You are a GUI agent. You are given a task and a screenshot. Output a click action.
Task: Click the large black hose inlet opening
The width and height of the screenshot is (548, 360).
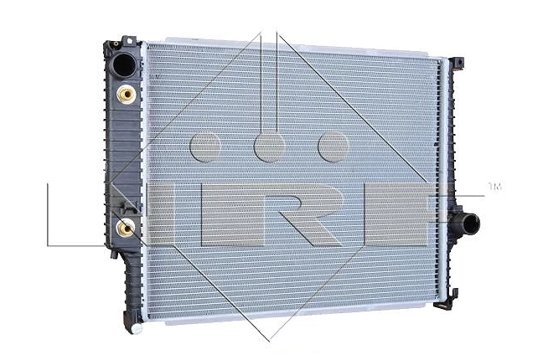124,65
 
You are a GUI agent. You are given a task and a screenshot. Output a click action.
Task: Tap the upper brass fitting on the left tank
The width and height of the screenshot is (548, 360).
126,94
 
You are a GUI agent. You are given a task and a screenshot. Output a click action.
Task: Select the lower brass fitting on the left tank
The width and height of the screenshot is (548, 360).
125,228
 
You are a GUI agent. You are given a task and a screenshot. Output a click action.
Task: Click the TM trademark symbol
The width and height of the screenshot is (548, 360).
495,187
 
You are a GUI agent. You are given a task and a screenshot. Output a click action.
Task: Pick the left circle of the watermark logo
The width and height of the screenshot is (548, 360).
205,147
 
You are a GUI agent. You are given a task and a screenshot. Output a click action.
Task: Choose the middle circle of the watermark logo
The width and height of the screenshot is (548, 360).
270,147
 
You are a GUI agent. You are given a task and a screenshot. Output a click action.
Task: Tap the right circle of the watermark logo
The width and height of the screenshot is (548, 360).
333,147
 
